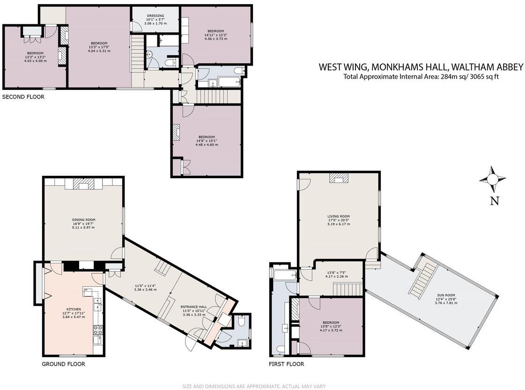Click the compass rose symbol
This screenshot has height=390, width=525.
tap(492, 179)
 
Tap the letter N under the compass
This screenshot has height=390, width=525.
tap(494, 201)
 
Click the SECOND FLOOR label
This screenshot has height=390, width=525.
tap(23, 97)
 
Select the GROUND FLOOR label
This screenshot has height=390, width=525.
tap(64, 364)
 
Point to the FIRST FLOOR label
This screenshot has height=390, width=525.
tap(286, 364)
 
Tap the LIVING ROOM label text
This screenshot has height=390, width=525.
tap(339, 217)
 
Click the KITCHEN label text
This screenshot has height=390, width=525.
tap(74, 309)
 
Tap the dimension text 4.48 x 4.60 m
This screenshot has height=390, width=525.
tap(207, 144)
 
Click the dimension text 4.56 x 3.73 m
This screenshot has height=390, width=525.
tap(215, 39)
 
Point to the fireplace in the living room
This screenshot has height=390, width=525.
tap(339, 177)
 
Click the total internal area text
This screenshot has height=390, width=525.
tap(421, 77)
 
